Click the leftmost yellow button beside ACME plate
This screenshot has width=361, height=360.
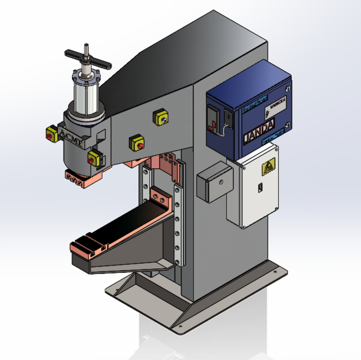[x=51, y=134]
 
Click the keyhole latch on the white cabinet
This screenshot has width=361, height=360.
[x=260, y=187]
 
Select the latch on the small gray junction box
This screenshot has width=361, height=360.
[x=222, y=182]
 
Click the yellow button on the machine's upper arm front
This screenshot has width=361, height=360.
[x=136, y=143]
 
